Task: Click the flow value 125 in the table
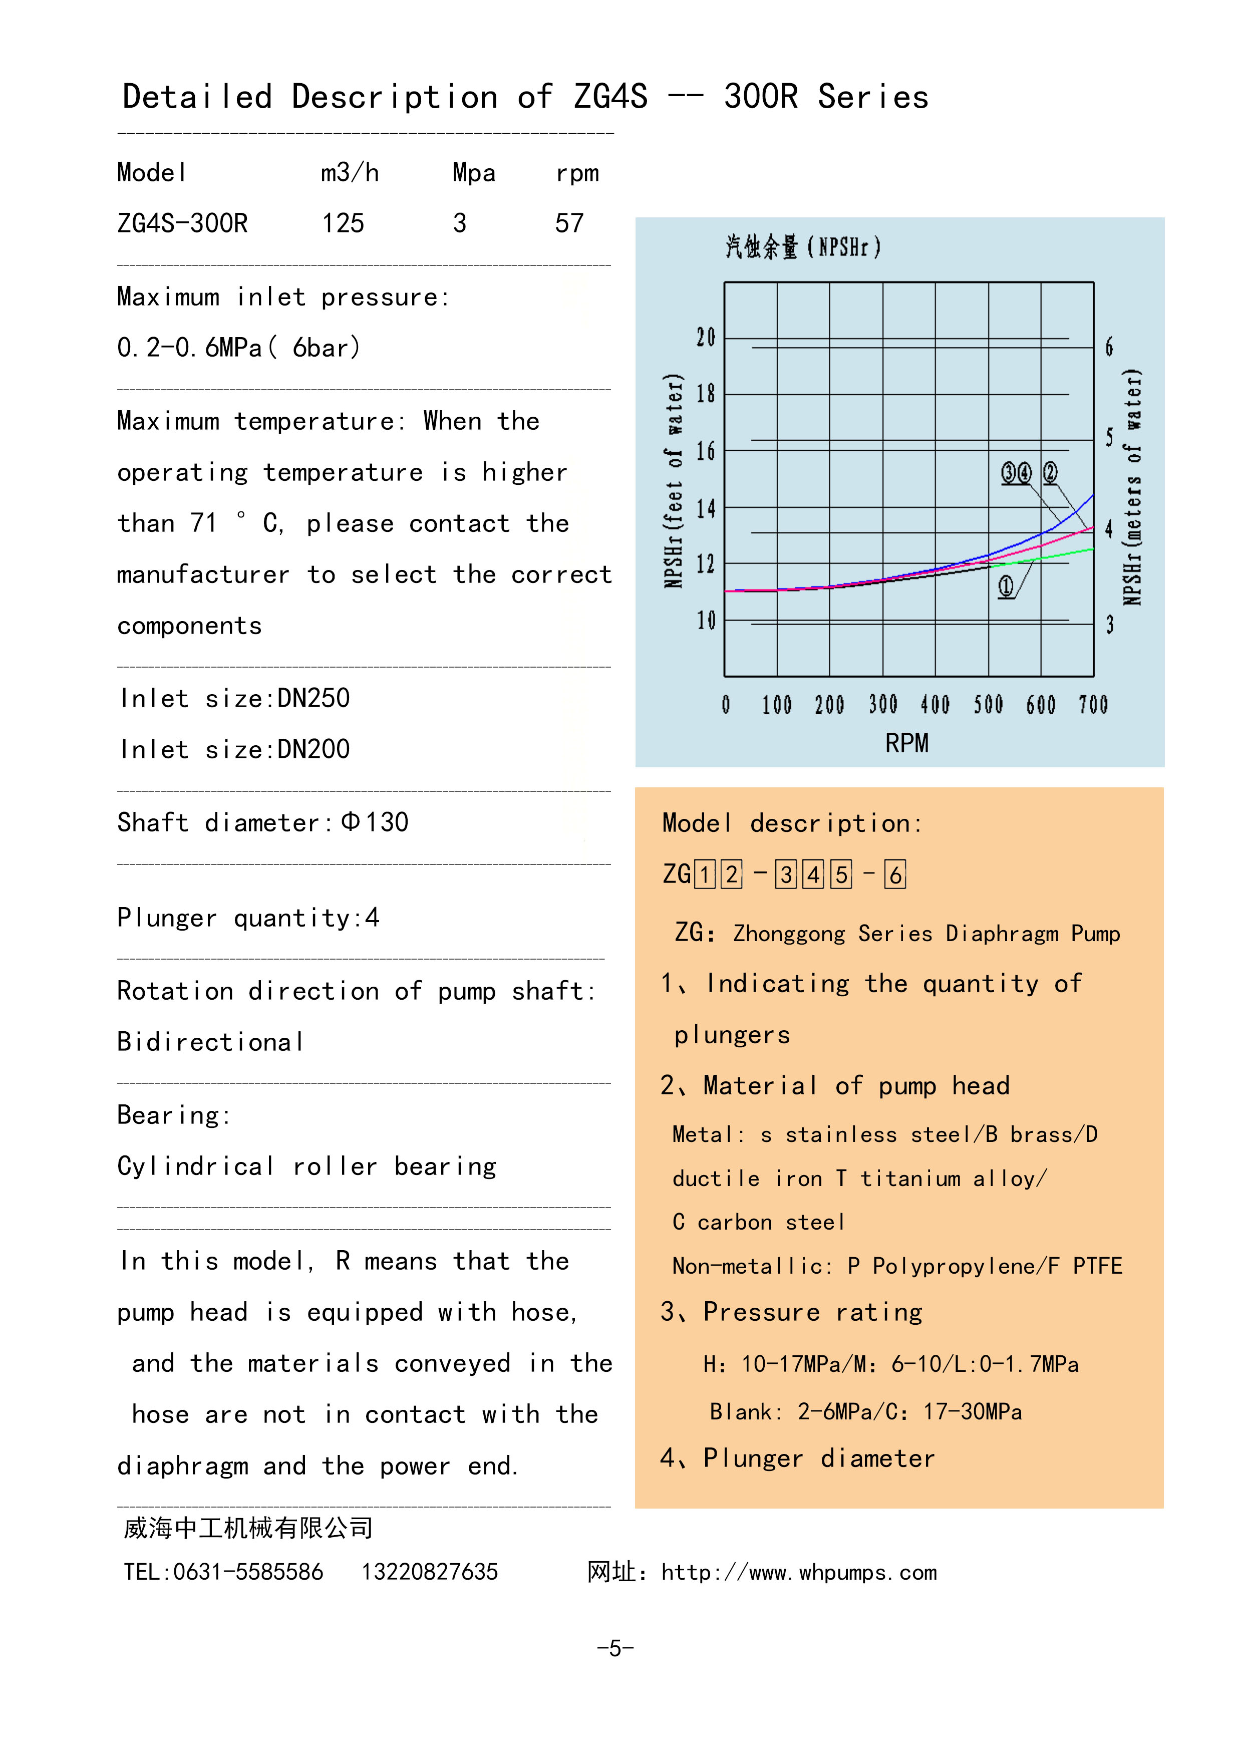[x=343, y=223]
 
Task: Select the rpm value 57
[x=569, y=223]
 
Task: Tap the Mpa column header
[x=474, y=173]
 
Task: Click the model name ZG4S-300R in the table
[x=182, y=223]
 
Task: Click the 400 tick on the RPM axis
[x=935, y=705]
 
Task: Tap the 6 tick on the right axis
[x=1109, y=348]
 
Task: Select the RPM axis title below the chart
[x=907, y=743]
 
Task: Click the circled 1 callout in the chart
[x=1006, y=587]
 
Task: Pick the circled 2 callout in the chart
[x=1051, y=473]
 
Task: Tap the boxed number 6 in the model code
[x=894, y=874]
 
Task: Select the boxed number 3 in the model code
[x=786, y=874]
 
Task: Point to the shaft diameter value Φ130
[x=375, y=822]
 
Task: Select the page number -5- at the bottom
[x=615, y=1648]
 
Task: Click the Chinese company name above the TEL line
[x=248, y=1528]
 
